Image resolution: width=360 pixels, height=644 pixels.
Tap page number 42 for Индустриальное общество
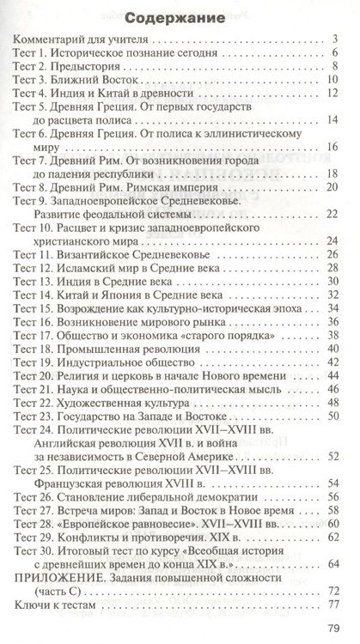click(x=332, y=368)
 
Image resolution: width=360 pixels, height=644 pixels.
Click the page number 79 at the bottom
click(x=333, y=627)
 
